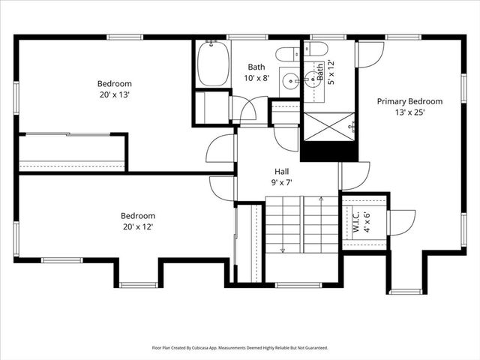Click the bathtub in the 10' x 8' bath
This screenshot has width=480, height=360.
tap(212, 64)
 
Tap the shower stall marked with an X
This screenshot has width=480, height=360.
tap(328, 126)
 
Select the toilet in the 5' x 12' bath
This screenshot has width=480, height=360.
tap(316, 49)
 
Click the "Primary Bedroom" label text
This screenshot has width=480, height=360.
tap(409, 101)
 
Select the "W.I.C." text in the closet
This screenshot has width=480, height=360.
tap(356, 223)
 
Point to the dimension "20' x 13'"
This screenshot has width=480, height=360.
tap(114, 94)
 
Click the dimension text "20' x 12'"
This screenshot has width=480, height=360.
tap(139, 226)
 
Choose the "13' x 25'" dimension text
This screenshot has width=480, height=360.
tap(409, 112)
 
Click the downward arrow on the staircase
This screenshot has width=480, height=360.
tap(283, 249)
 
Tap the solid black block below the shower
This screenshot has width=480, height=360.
tap(328, 151)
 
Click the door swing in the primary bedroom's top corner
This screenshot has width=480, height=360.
tap(370, 53)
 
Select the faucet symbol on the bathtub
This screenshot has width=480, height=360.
tap(212, 43)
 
